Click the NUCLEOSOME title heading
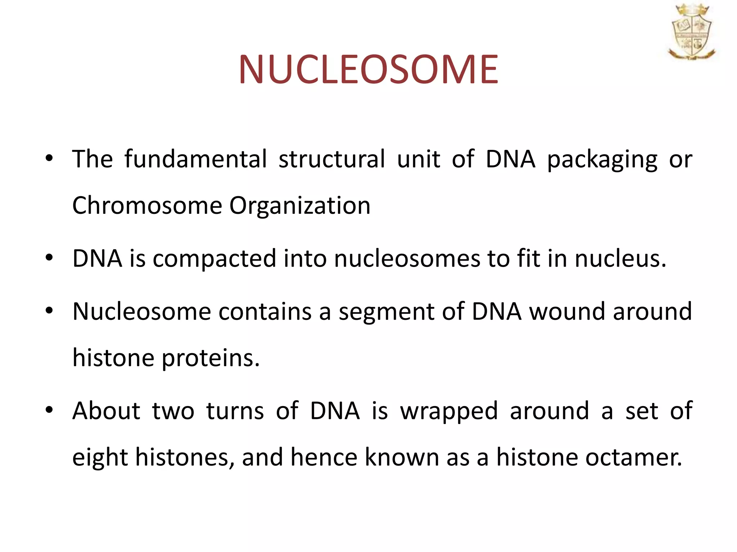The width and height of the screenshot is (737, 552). (x=368, y=69)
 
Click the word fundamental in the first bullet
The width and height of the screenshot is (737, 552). (x=196, y=159)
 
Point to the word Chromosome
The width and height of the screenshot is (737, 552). (x=147, y=206)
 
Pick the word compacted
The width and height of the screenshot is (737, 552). (x=214, y=259)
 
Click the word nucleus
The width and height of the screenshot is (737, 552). (x=620, y=258)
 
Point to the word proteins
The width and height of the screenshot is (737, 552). (x=211, y=359)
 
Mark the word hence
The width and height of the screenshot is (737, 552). (x=324, y=457)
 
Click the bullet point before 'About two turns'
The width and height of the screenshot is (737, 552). (x=49, y=410)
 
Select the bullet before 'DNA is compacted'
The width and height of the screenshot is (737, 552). (x=49, y=257)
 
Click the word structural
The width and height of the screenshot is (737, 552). (x=331, y=159)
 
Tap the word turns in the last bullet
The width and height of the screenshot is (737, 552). (x=235, y=411)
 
